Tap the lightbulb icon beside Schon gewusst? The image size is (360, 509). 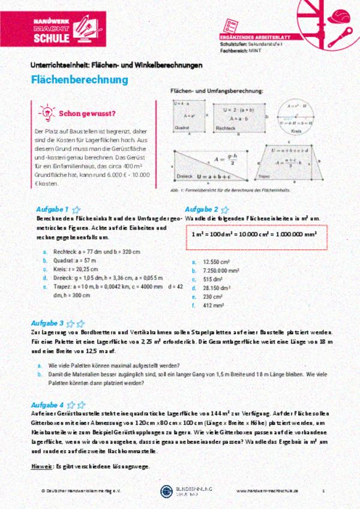click(x=46, y=112)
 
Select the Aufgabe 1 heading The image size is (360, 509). click(x=53, y=210)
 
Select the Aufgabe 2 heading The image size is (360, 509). click(x=202, y=210)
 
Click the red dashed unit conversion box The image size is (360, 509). click(x=254, y=235)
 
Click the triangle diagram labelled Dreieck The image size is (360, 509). click(x=211, y=165)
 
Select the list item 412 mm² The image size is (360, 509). click(x=214, y=305)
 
